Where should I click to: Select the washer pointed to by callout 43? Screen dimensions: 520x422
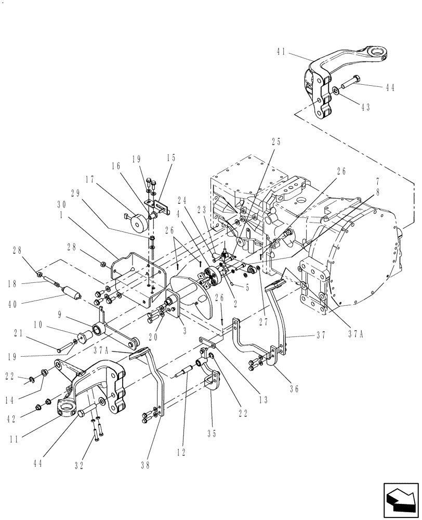point(337,91)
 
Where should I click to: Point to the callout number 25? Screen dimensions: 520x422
point(275,141)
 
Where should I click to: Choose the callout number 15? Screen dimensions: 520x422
point(170,158)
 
